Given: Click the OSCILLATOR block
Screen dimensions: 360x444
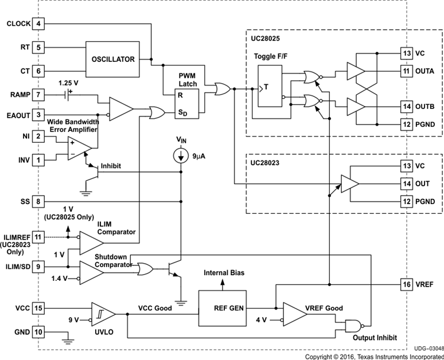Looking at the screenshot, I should (x=112, y=59).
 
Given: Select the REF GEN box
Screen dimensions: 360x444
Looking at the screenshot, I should (x=221, y=307).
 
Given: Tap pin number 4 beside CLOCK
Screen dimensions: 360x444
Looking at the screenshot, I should (x=38, y=24).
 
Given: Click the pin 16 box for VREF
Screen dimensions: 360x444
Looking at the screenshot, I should (x=407, y=284).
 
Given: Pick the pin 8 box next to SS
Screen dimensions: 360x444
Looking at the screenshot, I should (x=38, y=202).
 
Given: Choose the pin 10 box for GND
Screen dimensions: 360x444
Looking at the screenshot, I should (x=38, y=332).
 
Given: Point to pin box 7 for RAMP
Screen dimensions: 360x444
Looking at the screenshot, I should (x=38, y=94).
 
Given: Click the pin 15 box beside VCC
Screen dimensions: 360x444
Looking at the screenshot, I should (x=38, y=308).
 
